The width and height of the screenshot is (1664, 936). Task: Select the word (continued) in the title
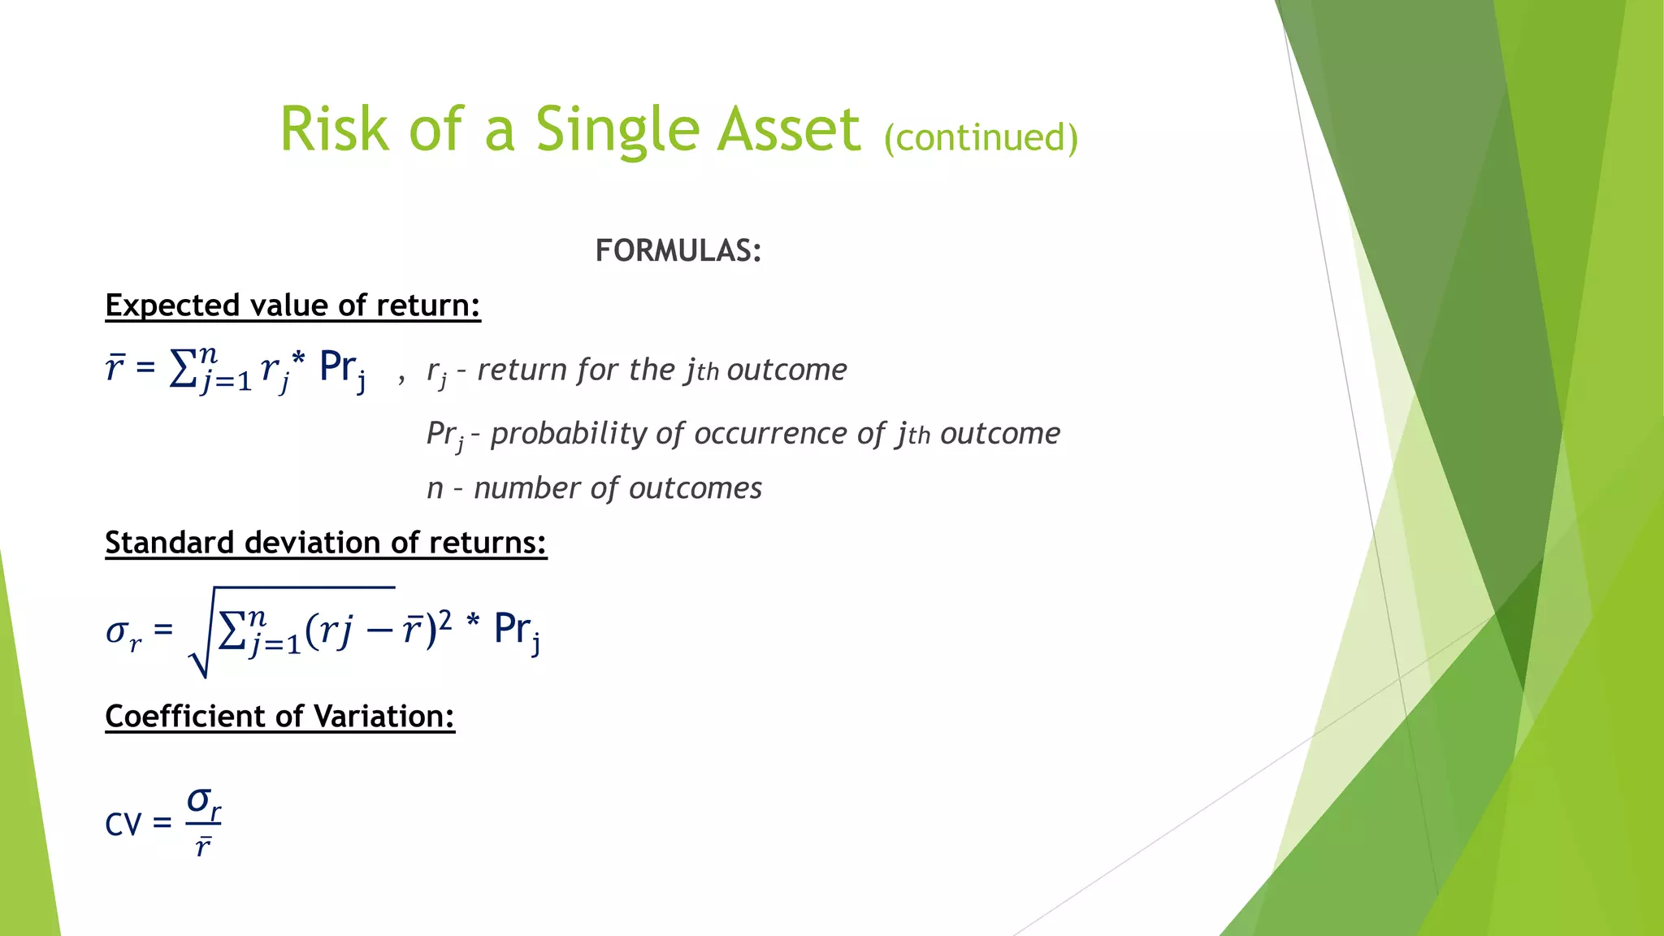981,137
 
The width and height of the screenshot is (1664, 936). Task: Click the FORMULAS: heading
678,250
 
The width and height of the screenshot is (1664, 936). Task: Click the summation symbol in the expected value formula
183,370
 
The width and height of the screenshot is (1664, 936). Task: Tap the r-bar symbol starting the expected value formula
115,368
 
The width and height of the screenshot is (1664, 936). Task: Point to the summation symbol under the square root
232,630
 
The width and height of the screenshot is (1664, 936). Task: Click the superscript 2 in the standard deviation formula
445,621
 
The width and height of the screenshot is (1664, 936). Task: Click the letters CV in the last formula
123,825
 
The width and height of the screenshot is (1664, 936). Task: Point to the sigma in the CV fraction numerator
199,799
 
